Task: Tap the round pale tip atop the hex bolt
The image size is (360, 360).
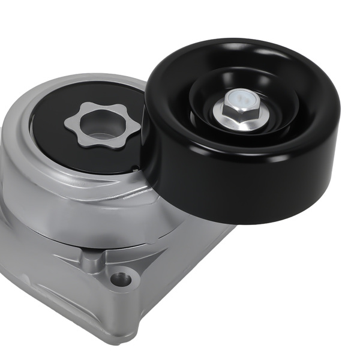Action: (238, 96)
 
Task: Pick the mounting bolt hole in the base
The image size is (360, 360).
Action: (122, 278)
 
